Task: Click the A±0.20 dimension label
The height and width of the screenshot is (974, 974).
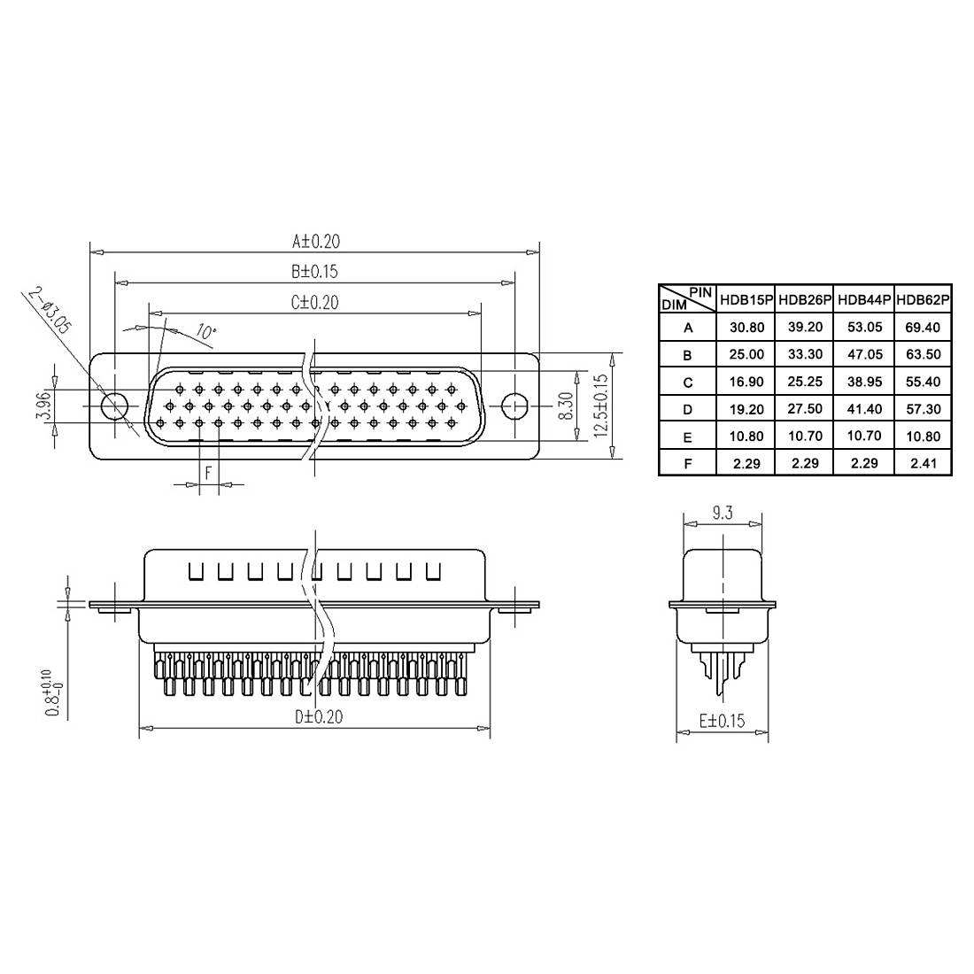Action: (x=316, y=241)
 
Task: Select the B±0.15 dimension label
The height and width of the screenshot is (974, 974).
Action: (x=314, y=272)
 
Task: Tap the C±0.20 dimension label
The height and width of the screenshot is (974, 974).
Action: (x=314, y=303)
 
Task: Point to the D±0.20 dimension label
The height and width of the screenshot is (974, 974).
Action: (x=319, y=717)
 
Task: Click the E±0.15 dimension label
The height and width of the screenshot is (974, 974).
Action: (x=723, y=721)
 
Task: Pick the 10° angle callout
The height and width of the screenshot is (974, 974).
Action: (x=205, y=333)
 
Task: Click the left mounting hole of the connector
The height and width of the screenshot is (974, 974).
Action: (x=114, y=406)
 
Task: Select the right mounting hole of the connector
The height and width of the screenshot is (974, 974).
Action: (x=514, y=406)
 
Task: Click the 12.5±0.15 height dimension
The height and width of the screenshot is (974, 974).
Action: (x=602, y=406)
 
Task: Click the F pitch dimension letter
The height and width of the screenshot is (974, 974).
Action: (x=208, y=473)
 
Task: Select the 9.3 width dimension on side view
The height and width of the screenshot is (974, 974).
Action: (x=723, y=513)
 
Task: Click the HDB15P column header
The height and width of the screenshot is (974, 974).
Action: (x=746, y=300)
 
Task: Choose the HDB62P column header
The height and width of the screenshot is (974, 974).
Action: (x=923, y=300)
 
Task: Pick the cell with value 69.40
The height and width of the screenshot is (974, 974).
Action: (x=923, y=328)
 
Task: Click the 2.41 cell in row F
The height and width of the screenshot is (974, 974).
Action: (x=923, y=463)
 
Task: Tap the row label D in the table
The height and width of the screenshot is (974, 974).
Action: (x=688, y=409)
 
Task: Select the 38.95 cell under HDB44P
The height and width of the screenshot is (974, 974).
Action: (x=863, y=382)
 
